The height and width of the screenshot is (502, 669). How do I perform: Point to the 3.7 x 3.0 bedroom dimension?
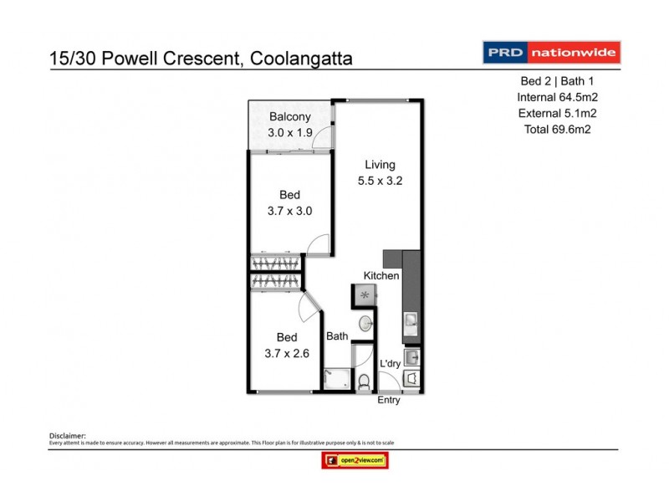click(x=289, y=211)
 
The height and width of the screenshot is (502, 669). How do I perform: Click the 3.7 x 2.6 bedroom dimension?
click(x=287, y=353)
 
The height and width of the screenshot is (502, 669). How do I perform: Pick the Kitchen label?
click(x=380, y=276)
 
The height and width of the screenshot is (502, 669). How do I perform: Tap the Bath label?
click(x=337, y=337)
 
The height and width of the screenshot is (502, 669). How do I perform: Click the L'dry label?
click(x=391, y=364)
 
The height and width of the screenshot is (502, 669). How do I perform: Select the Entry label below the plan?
click(x=389, y=400)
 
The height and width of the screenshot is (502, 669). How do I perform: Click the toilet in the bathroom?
click(x=364, y=382)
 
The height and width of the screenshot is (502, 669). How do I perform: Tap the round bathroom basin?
click(x=365, y=324)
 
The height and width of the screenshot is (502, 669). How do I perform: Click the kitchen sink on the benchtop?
click(x=411, y=320)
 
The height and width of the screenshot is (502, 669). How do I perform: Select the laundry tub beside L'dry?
click(x=411, y=357)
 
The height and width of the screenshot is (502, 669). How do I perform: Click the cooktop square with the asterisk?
click(x=364, y=295)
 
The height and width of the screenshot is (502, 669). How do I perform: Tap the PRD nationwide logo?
click(x=551, y=54)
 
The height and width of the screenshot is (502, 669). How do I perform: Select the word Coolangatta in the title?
click(x=298, y=59)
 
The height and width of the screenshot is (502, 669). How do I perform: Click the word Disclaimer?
click(x=68, y=436)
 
